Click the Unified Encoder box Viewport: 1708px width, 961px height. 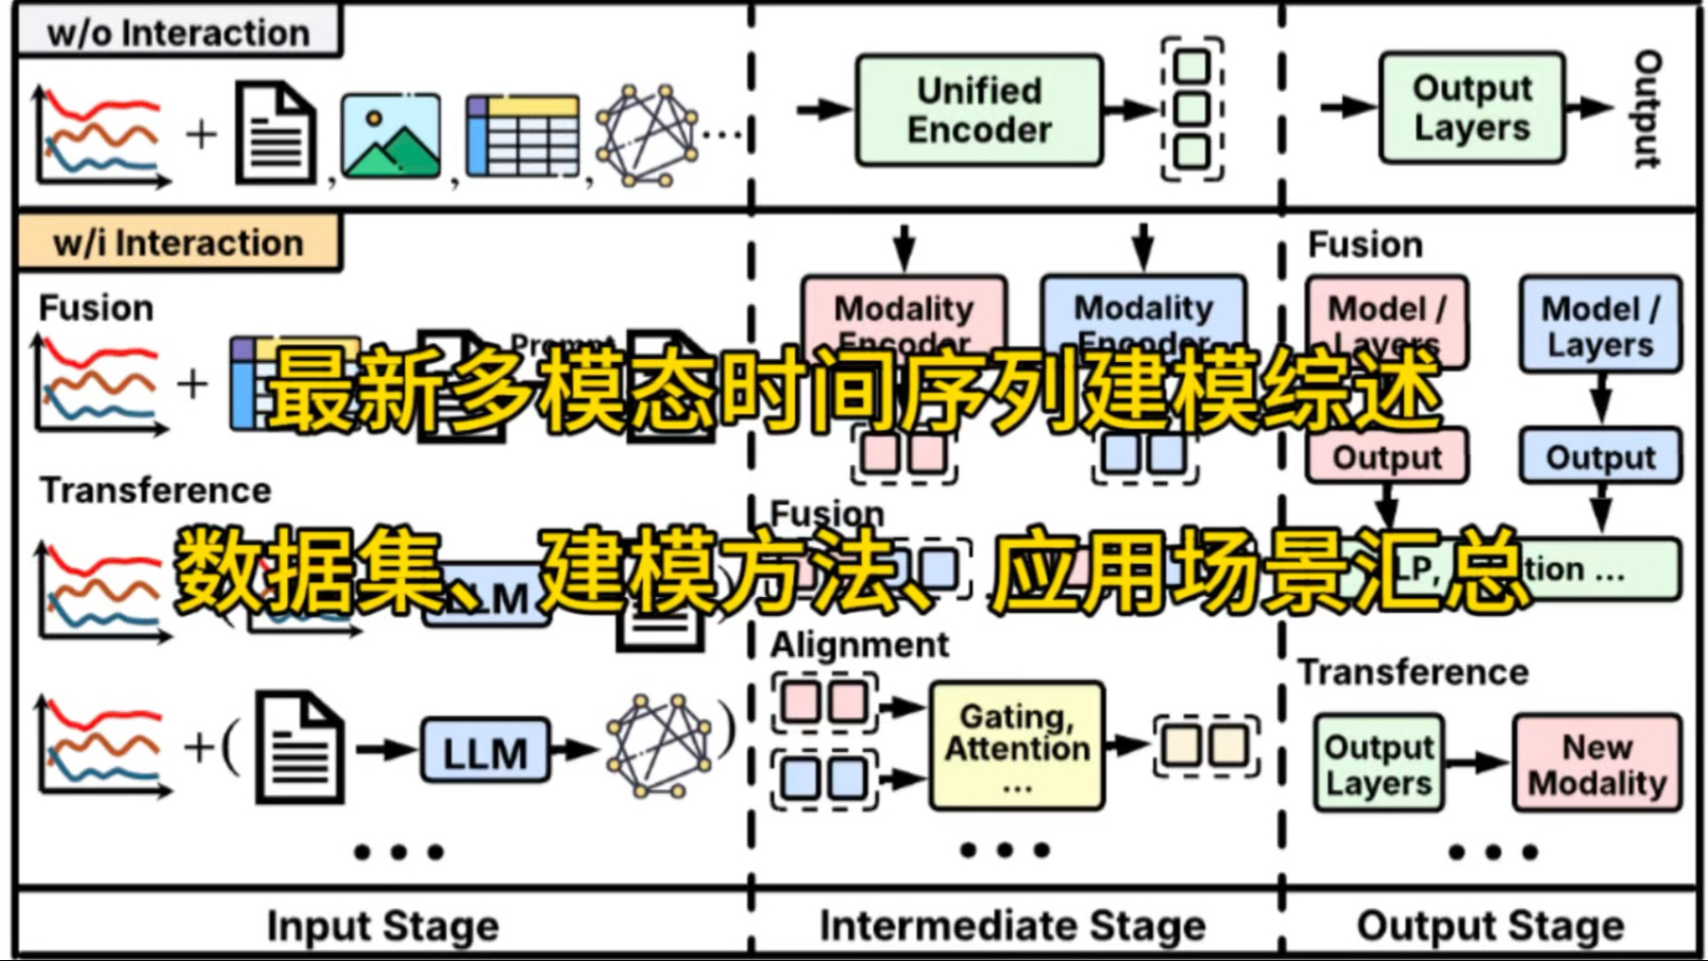(979, 110)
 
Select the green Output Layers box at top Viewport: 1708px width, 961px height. (1471, 108)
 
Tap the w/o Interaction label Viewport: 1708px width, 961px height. (178, 33)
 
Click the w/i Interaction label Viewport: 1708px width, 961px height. (178, 243)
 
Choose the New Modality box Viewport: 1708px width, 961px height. (1596, 763)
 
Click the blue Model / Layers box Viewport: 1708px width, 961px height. (1600, 325)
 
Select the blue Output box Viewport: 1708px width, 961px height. (1600, 457)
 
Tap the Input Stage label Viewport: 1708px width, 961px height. (382, 926)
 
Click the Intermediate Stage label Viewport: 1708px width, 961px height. (1012, 926)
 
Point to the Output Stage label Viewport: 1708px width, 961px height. (1490, 926)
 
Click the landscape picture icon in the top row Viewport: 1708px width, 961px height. (391, 135)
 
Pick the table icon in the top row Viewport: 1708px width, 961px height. (521, 135)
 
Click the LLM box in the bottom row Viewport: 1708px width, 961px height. (484, 751)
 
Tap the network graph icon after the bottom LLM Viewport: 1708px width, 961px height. (659, 745)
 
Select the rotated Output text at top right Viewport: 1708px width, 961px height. (1648, 108)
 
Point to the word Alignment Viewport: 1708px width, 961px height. (859, 645)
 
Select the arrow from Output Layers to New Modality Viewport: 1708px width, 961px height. (1477, 763)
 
